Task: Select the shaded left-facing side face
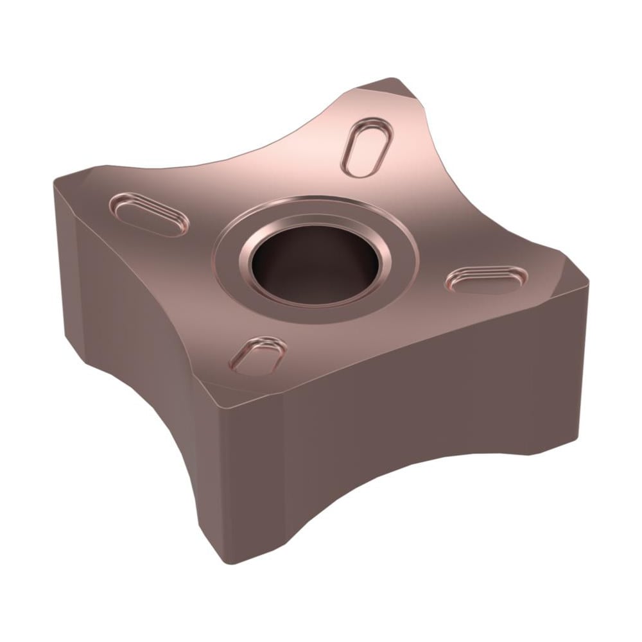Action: pos(128,334)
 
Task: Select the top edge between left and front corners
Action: pos(128,289)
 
